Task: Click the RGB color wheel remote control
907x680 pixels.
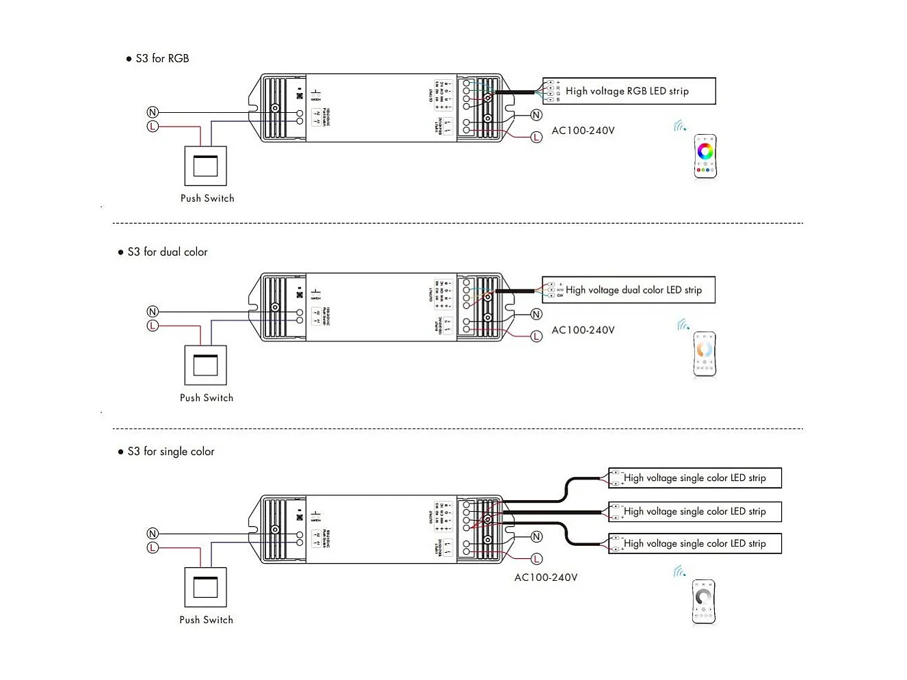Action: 705,157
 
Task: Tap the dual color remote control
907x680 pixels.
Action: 705,354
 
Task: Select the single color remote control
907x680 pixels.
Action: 703,602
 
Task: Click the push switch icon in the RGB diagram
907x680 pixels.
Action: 206,166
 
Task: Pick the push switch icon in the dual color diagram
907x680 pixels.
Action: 206,365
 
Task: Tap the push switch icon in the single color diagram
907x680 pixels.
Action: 206,587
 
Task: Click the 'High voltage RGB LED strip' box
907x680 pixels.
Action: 629,91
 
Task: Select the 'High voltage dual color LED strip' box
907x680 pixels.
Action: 629,290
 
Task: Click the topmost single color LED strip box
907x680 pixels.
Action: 694,478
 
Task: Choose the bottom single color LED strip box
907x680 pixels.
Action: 694,544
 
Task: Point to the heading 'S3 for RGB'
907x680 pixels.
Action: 162,59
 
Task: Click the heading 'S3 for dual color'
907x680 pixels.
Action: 167,252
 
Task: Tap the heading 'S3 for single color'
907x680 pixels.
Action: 170,452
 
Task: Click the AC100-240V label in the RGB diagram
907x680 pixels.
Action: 583,131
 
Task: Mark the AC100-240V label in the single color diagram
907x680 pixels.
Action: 545,577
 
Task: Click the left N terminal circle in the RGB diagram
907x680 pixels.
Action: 153,112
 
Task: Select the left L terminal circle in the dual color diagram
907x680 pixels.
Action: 153,326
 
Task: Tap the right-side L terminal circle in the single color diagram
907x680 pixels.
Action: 536,559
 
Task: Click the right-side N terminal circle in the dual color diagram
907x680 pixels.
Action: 536,315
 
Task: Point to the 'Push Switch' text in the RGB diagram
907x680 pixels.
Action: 207,198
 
